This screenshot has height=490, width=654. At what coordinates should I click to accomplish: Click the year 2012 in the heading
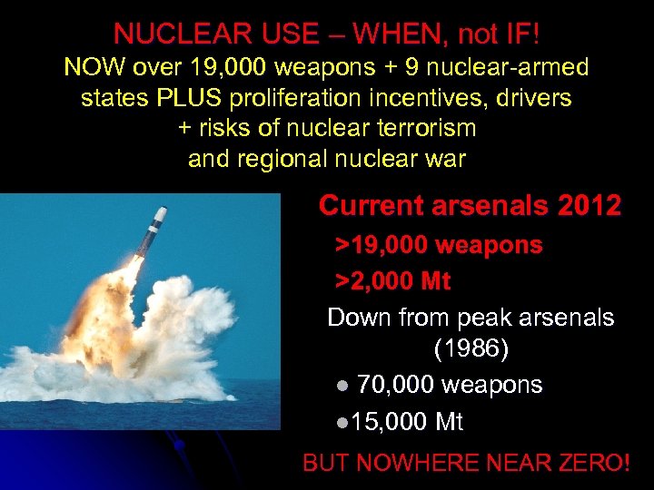point(589,206)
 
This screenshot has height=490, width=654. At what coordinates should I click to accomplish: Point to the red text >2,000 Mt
point(393,281)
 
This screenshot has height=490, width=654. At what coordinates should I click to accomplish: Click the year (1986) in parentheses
point(471,348)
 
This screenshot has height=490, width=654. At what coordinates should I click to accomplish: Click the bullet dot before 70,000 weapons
point(342,386)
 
